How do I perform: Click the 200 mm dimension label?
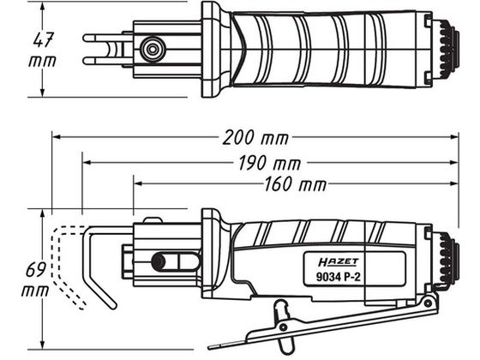pyautogui.click(x=255, y=138)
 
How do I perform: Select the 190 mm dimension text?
pyautogui.click(x=269, y=163)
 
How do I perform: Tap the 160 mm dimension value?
pyautogui.click(x=295, y=184)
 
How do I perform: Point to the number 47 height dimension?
pyautogui.click(x=43, y=39)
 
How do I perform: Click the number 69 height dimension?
pyautogui.click(x=36, y=269)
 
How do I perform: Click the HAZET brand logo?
pyautogui.click(x=339, y=262)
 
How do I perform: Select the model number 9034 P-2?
pyautogui.click(x=339, y=277)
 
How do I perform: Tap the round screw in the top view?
pyautogui.click(x=153, y=49)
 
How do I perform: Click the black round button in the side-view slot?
pyautogui.click(x=159, y=262)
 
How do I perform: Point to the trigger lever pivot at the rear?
pyautogui.click(x=428, y=303)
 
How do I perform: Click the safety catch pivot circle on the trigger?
pyautogui.click(x=283, y=327)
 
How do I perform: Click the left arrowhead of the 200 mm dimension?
pyautogui.click(x=57, y=137)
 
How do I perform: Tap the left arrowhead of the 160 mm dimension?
pyautogui.click(x=138, y=183)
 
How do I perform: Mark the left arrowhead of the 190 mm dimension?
pyautogui.click(x=87, y=163)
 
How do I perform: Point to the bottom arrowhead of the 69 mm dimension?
pyautogui.click(x=43, y=344)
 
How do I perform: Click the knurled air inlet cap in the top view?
pyautogui.click(x=449, y=49)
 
